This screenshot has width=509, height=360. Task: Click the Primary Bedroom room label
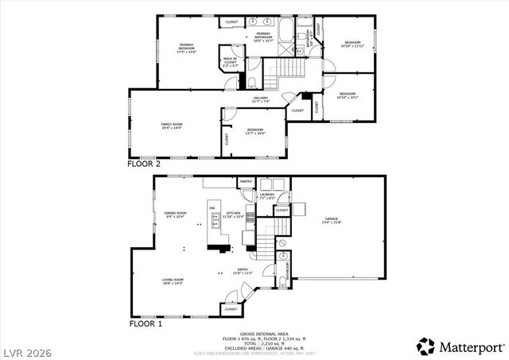click(186, 48)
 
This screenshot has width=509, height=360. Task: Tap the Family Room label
click(172, 126)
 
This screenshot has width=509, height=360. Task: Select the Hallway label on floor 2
click(261, 100)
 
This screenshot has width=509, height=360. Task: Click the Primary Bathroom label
click(263, 36)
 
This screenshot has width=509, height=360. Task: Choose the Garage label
click(331, 220)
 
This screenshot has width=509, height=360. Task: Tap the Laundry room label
click(267, 195)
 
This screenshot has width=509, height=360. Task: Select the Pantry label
click(246, 181)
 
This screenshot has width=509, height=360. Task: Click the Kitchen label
click(234, 214)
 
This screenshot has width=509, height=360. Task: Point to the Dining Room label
click(175, 214)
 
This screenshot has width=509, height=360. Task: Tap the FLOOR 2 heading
click(145, 163)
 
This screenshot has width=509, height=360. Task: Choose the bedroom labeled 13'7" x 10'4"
click(254, 131)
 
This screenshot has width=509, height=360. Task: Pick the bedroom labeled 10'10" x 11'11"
click(352, 44)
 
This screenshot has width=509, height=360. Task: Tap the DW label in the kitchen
click(212, 209)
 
